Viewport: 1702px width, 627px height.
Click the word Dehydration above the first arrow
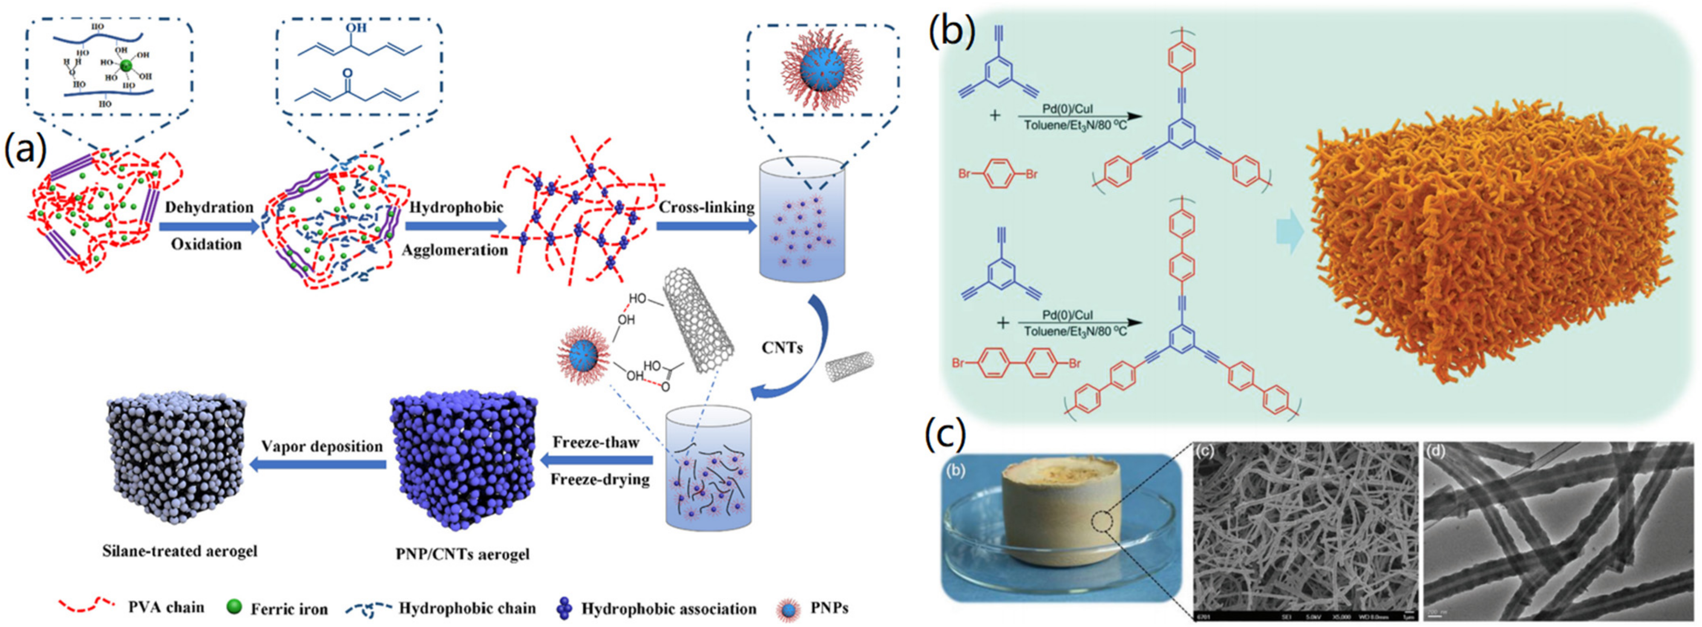click(x=209, y=207)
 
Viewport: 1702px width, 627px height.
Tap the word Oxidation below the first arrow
click(x=206, y=244)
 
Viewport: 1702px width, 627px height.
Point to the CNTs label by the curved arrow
click(x=782, y=348)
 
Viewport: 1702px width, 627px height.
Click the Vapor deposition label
click(x=321, y=447)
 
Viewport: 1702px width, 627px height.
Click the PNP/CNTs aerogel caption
click(x=463, y=554)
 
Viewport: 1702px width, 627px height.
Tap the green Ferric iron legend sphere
click(x=234, y=607)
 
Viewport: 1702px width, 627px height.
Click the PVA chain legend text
click(x=165, y=607)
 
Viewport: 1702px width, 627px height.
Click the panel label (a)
click(x=25, y=151)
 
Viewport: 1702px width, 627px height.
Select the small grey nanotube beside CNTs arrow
click(x=851, y=368)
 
